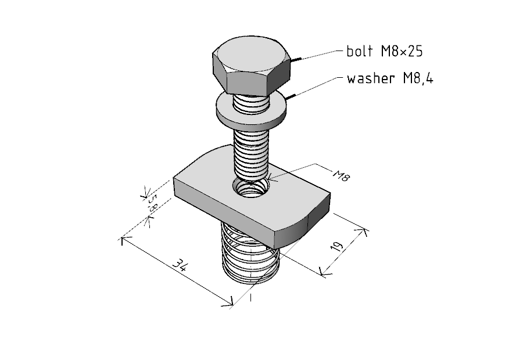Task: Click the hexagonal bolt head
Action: pos(251,65)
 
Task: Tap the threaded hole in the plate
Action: pos(252,189)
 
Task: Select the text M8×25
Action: pos(402,51)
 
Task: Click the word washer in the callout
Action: pos(371,78)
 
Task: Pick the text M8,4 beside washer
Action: pos(418,78)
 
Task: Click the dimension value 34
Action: pos(181,266)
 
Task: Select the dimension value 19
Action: pos(337,246)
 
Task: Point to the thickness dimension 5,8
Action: pos(152,202)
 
